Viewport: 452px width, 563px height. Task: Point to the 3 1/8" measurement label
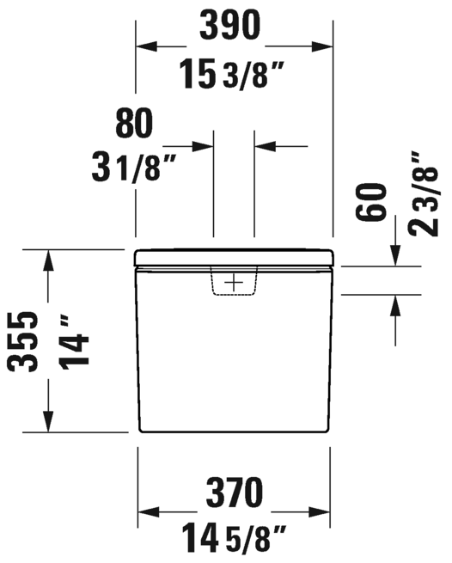pyautogui.click(x=129, y=166)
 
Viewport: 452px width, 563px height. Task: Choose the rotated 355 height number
pyautogui.click(x=25, y=340)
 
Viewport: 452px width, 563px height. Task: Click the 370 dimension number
pyautogui.click(x=232, y=493)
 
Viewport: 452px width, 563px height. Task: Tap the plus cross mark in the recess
pyautogui.click(x=234, y=282)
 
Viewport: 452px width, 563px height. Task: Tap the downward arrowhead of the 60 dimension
pyautogui.click(x=395, y=257)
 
